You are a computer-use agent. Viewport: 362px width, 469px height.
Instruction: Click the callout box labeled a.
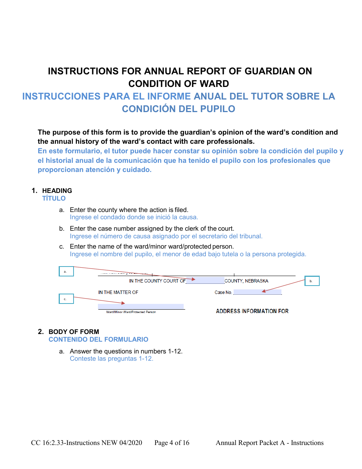(66, 271)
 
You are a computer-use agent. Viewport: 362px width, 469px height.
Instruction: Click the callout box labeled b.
(312, 281)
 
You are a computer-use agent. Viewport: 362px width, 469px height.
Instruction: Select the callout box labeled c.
(66, 299)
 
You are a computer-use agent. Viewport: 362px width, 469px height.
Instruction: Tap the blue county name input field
(205, 281)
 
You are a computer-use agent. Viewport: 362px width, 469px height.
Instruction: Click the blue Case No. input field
(257, 292)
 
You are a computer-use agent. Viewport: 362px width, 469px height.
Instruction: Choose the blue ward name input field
(141, 306)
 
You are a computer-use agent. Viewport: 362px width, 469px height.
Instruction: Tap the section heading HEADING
(57, 191)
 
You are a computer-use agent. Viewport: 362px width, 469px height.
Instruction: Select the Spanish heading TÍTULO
(54, 198)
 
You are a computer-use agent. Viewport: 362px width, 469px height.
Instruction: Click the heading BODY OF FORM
(74, 332)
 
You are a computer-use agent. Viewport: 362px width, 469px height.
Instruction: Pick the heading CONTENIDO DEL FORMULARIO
(98, 339)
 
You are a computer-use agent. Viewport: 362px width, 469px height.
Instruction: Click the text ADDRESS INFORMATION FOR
(252, 311)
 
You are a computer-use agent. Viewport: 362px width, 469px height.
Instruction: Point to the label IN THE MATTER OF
(118, 292)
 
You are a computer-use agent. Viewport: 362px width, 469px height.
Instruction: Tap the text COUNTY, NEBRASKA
(246, 281)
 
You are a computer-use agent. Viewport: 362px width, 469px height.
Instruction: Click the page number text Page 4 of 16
(172, 443)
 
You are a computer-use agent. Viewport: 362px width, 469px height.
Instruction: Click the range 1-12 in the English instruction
(175, 351)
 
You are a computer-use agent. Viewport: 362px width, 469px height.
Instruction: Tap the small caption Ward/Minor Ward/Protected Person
(131, 312)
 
